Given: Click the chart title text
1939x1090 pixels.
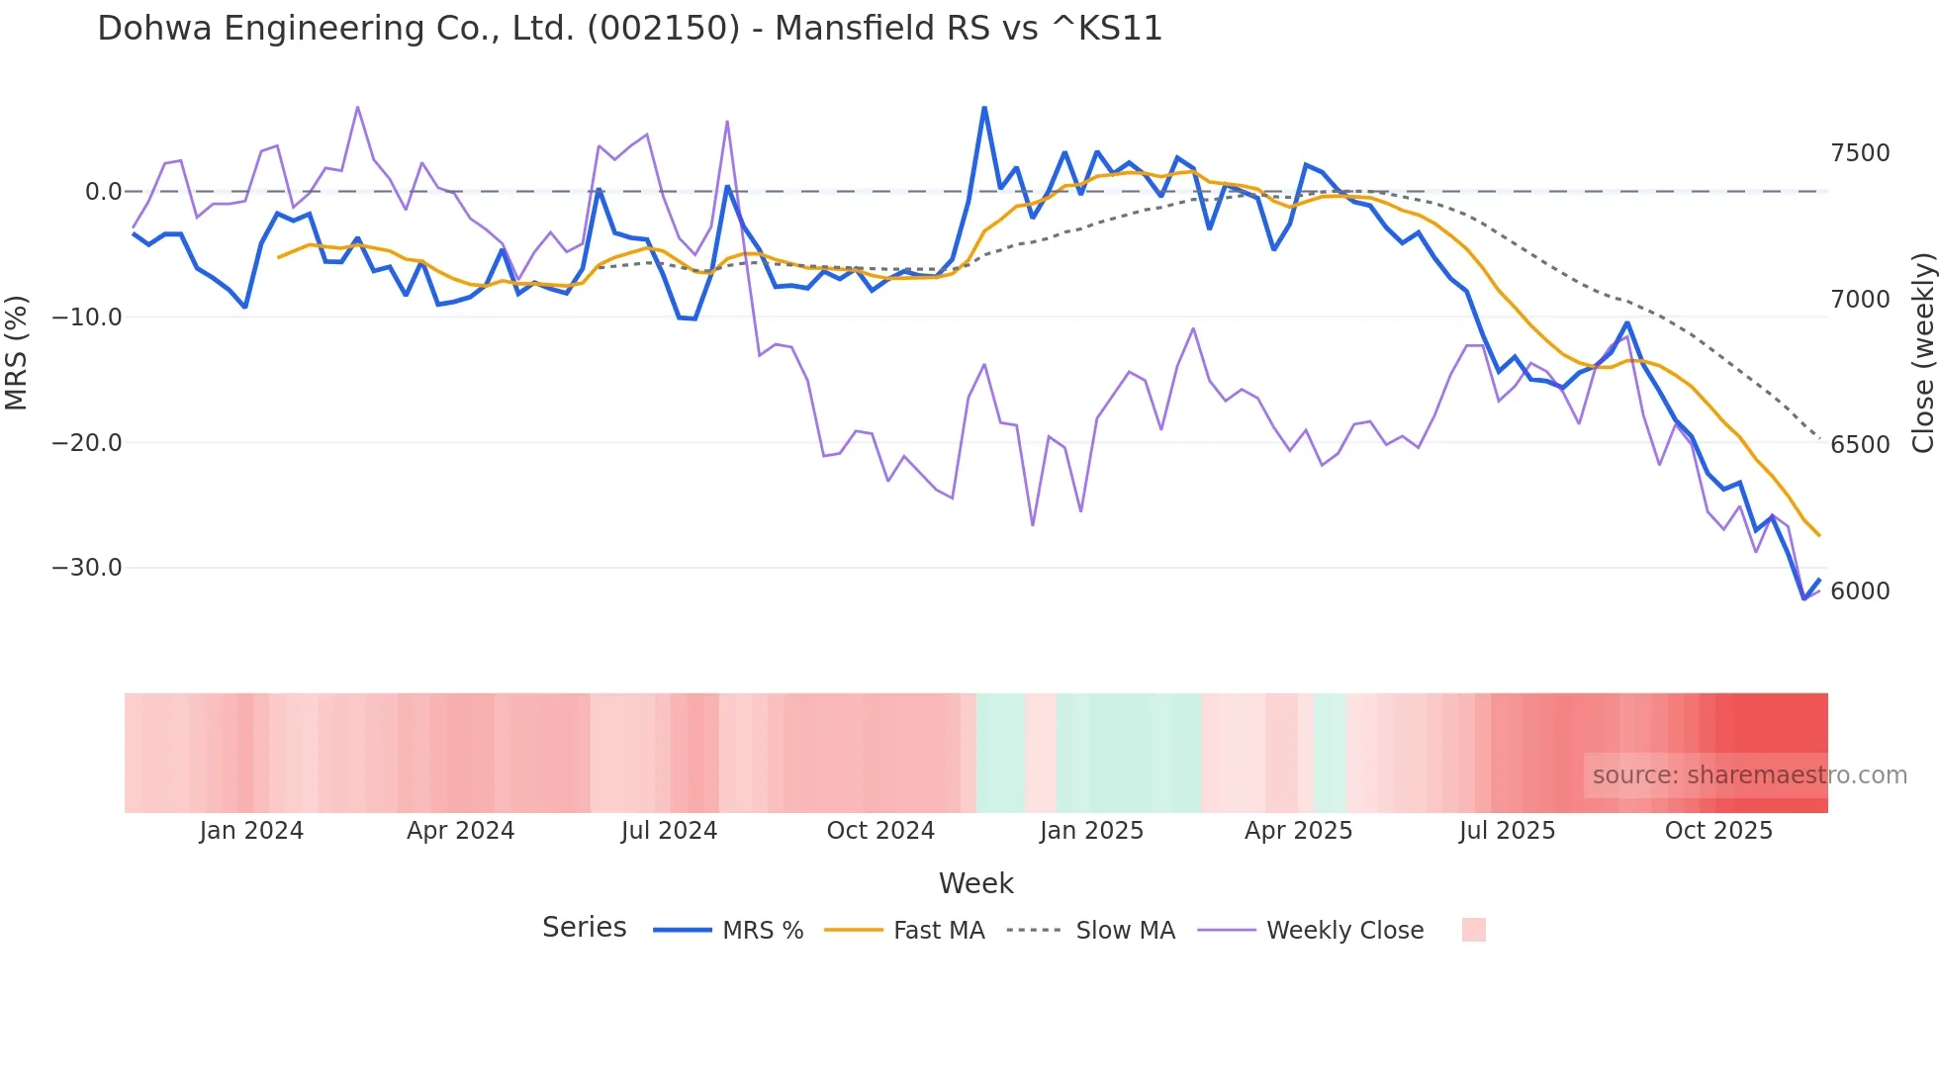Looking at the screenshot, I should point(629,29).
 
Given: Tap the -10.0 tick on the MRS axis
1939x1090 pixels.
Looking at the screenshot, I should point(87,318).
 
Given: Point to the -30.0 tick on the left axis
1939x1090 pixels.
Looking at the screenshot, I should point(87,568).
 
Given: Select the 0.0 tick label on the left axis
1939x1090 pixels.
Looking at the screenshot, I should point(103,192).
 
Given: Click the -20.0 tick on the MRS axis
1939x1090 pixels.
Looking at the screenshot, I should point(87,443).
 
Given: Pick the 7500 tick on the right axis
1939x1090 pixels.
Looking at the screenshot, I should point(1860,153).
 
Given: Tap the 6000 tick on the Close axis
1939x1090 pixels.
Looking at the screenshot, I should point(1860,591).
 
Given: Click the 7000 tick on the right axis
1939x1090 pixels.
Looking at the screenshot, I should point(1860,300).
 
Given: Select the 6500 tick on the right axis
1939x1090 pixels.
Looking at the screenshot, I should point(1860,445).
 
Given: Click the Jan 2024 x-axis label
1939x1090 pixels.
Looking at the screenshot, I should point(251,831).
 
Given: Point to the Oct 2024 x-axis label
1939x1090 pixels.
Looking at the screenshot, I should point(880,831).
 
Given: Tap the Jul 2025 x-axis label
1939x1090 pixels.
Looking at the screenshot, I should point(1507,831).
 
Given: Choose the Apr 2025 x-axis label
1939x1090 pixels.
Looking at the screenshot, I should point(1298,831).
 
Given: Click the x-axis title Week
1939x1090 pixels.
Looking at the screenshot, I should point(975,883).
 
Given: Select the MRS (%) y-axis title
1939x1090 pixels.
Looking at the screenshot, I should point(17,352).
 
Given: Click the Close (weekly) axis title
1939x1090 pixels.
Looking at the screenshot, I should point(1922,352).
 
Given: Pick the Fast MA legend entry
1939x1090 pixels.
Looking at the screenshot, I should point(938,931).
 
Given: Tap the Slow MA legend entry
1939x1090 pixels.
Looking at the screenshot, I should point(1125,931).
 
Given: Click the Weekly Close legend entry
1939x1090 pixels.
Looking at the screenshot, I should point(1344,931).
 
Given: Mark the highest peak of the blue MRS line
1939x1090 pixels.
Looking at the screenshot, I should point(984,108).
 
